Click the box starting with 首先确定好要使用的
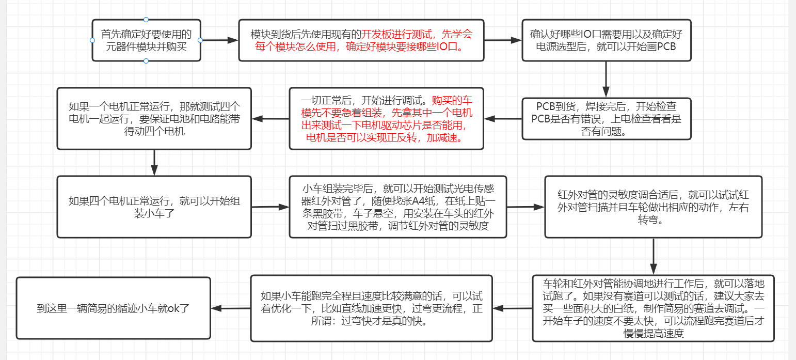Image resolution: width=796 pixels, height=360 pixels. (146, 41)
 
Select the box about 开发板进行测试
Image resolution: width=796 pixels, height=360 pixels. (361, 41)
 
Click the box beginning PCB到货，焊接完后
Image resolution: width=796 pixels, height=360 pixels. (606, 119)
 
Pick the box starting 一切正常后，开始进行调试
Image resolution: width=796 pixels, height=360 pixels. (386, 119)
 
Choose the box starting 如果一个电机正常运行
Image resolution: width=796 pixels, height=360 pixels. (154, 119)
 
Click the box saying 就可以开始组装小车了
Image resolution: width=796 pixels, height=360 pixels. (154, 207)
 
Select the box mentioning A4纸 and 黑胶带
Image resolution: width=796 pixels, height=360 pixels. (398, 207)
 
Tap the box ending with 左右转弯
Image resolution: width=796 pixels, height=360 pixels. (654, 207)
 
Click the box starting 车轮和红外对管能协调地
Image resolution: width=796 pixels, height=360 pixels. (654, 308)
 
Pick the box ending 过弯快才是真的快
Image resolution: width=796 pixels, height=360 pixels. (371, 308)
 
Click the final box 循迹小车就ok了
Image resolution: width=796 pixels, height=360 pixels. (114, 308)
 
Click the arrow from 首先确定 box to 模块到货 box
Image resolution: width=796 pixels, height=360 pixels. (219, 40)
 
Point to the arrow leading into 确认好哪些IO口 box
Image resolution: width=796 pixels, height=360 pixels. (503, 40)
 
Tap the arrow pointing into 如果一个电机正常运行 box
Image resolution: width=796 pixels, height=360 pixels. (270, 119)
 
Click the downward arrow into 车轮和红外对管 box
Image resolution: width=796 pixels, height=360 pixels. (654, 256)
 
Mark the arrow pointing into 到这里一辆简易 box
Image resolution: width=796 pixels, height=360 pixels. (231, 308)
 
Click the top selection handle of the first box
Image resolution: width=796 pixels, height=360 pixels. (146, 20)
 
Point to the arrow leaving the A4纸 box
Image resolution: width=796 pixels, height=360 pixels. (526, 207)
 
